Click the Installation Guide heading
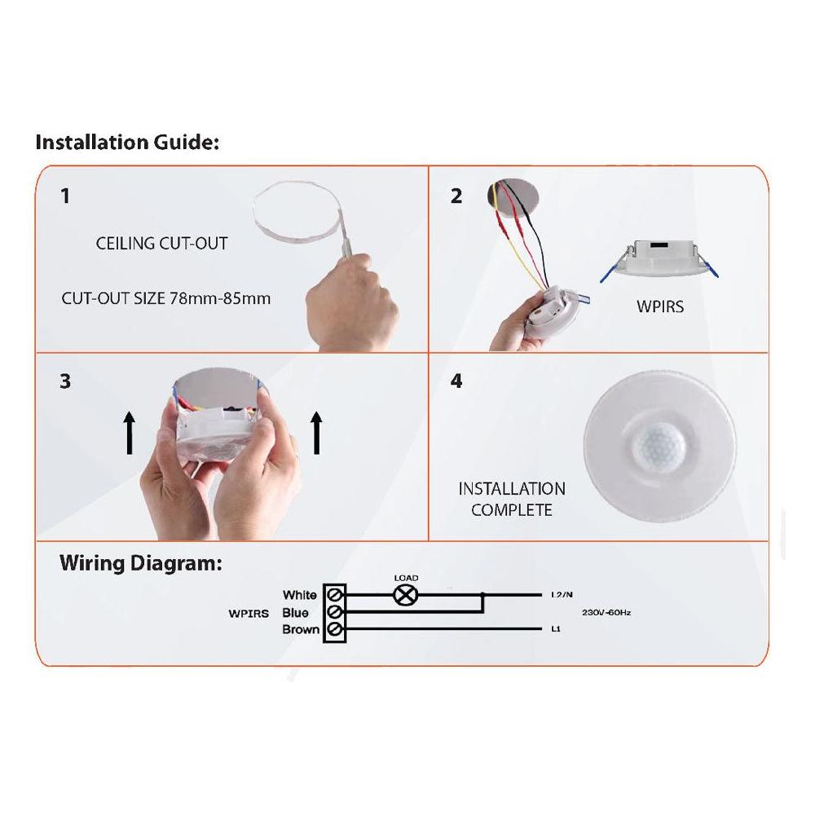[x=127, y=143]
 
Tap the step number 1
[x=65, y=196]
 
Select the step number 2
[x=456, y=196]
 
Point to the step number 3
[x=65, y=381]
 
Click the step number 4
[x=456, y=381]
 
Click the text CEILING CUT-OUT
[x=161, y=244]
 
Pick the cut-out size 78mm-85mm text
[x=165, y=298]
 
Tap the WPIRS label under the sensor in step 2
[x=659, y=309]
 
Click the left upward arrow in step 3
[x=129, y=432]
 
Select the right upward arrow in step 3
[x=316, y=432]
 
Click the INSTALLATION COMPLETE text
[x=511, y=500]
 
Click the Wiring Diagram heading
[x=140, y=563]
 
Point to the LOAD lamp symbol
[x=405, y=595]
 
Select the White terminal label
[x=299, y=595]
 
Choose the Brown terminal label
[x=300, y=630]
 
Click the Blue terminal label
[x=295, y=613]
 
